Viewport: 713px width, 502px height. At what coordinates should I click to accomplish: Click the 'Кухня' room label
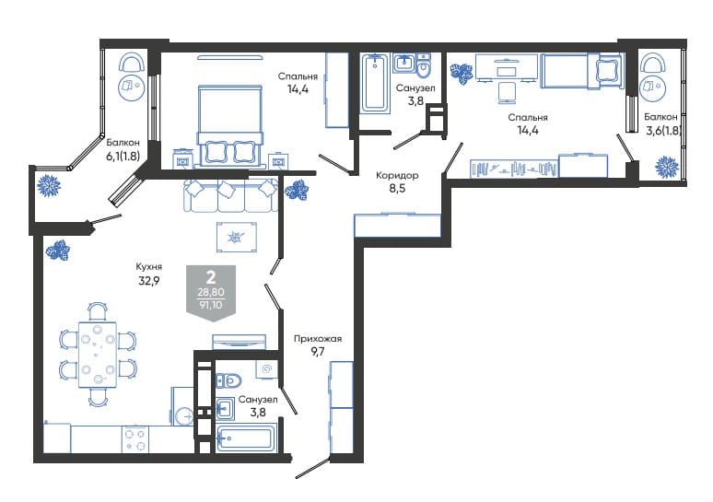point(148,267)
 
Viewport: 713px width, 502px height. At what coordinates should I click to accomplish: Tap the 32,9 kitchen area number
point(148,281)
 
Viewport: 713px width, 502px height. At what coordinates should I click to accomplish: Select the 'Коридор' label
point(397,175)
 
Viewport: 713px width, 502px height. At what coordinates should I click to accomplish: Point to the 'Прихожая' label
point(318,339)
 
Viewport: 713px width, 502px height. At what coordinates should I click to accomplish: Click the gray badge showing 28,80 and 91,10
point(211,292)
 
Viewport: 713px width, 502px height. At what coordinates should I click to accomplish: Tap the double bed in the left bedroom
point(230,124)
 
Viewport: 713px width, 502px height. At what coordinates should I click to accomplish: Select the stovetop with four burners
point(135,439)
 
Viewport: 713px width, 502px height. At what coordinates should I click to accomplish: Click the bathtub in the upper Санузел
point(375,83)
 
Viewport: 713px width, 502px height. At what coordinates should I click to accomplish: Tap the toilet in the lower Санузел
point(228,380)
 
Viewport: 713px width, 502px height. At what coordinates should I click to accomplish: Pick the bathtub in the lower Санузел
point(246,438)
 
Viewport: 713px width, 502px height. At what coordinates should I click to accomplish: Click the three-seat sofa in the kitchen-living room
point(231,195)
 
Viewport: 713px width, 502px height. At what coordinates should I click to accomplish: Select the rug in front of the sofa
point(237,237)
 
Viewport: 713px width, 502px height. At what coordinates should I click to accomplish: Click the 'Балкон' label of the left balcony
point(123,143)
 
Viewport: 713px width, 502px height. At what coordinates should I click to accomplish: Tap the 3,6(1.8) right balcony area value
point(663,131)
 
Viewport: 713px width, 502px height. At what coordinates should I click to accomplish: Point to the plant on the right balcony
point(667,167)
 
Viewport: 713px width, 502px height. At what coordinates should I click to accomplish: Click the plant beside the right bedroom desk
point(462,73)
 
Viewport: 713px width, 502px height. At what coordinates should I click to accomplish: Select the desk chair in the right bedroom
point(506,92)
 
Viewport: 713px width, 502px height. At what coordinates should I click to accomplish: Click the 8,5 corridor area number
point(397,188)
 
